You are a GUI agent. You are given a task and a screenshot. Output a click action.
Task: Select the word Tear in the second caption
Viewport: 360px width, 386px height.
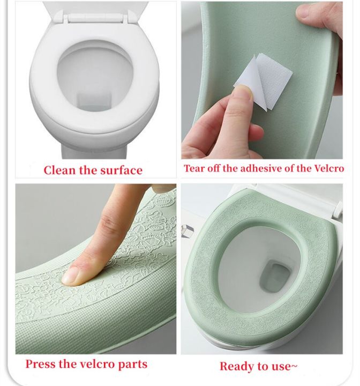click(194, 168)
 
